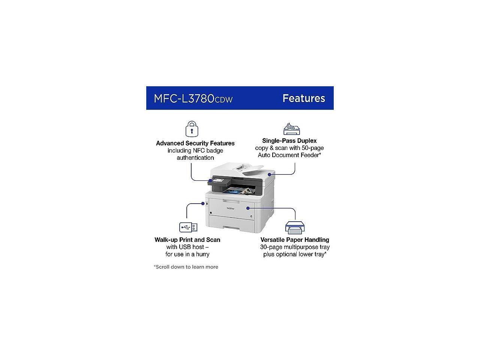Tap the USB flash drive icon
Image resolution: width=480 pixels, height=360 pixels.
coord(188,227)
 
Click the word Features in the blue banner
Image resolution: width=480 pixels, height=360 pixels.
coord(304,98)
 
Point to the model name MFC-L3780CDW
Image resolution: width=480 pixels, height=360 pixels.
coord(193,99)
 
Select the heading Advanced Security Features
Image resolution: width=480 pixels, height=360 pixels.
coord(195,143)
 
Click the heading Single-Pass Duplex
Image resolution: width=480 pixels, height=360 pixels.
coord(289,141)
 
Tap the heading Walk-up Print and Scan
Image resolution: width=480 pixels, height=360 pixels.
coord(187,240)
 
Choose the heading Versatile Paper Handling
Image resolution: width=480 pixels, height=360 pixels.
coord(295,240)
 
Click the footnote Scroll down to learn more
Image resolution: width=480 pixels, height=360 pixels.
coord(186,267)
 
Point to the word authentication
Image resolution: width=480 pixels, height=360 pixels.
coord(195,158)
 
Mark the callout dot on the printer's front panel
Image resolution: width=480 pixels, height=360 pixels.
coord(248,207)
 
